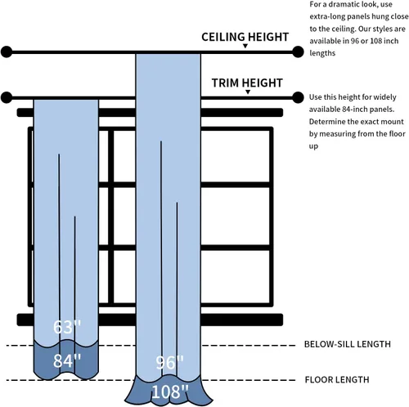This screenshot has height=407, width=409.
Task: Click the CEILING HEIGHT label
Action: tap(245, 37)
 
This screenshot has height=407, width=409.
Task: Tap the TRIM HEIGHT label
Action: tap(247, 83)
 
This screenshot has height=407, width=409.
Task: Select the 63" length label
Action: tap(67, 327)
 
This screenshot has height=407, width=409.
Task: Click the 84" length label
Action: tap(67, 360)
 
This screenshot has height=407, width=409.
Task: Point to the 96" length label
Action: tap(169, 363)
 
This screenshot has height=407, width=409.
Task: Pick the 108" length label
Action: tap(169, 391)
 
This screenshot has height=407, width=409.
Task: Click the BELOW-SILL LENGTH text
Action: tap(348, 344)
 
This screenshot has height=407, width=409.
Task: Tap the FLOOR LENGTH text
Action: tap(337, 379)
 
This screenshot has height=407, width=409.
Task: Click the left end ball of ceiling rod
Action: tap(7, 51)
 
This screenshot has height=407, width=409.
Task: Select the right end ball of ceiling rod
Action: tap(298, 51)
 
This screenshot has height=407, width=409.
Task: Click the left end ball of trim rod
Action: tap(7, 97)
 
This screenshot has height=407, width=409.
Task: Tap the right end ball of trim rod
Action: tap(298, 97)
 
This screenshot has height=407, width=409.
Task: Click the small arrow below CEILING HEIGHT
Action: tap(245, 46)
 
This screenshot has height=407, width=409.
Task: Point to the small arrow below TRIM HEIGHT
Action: tap(248, 92)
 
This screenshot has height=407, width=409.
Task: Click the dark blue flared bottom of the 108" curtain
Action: tap(169, 391)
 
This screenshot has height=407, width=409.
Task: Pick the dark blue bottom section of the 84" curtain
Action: tap(65, 360)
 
